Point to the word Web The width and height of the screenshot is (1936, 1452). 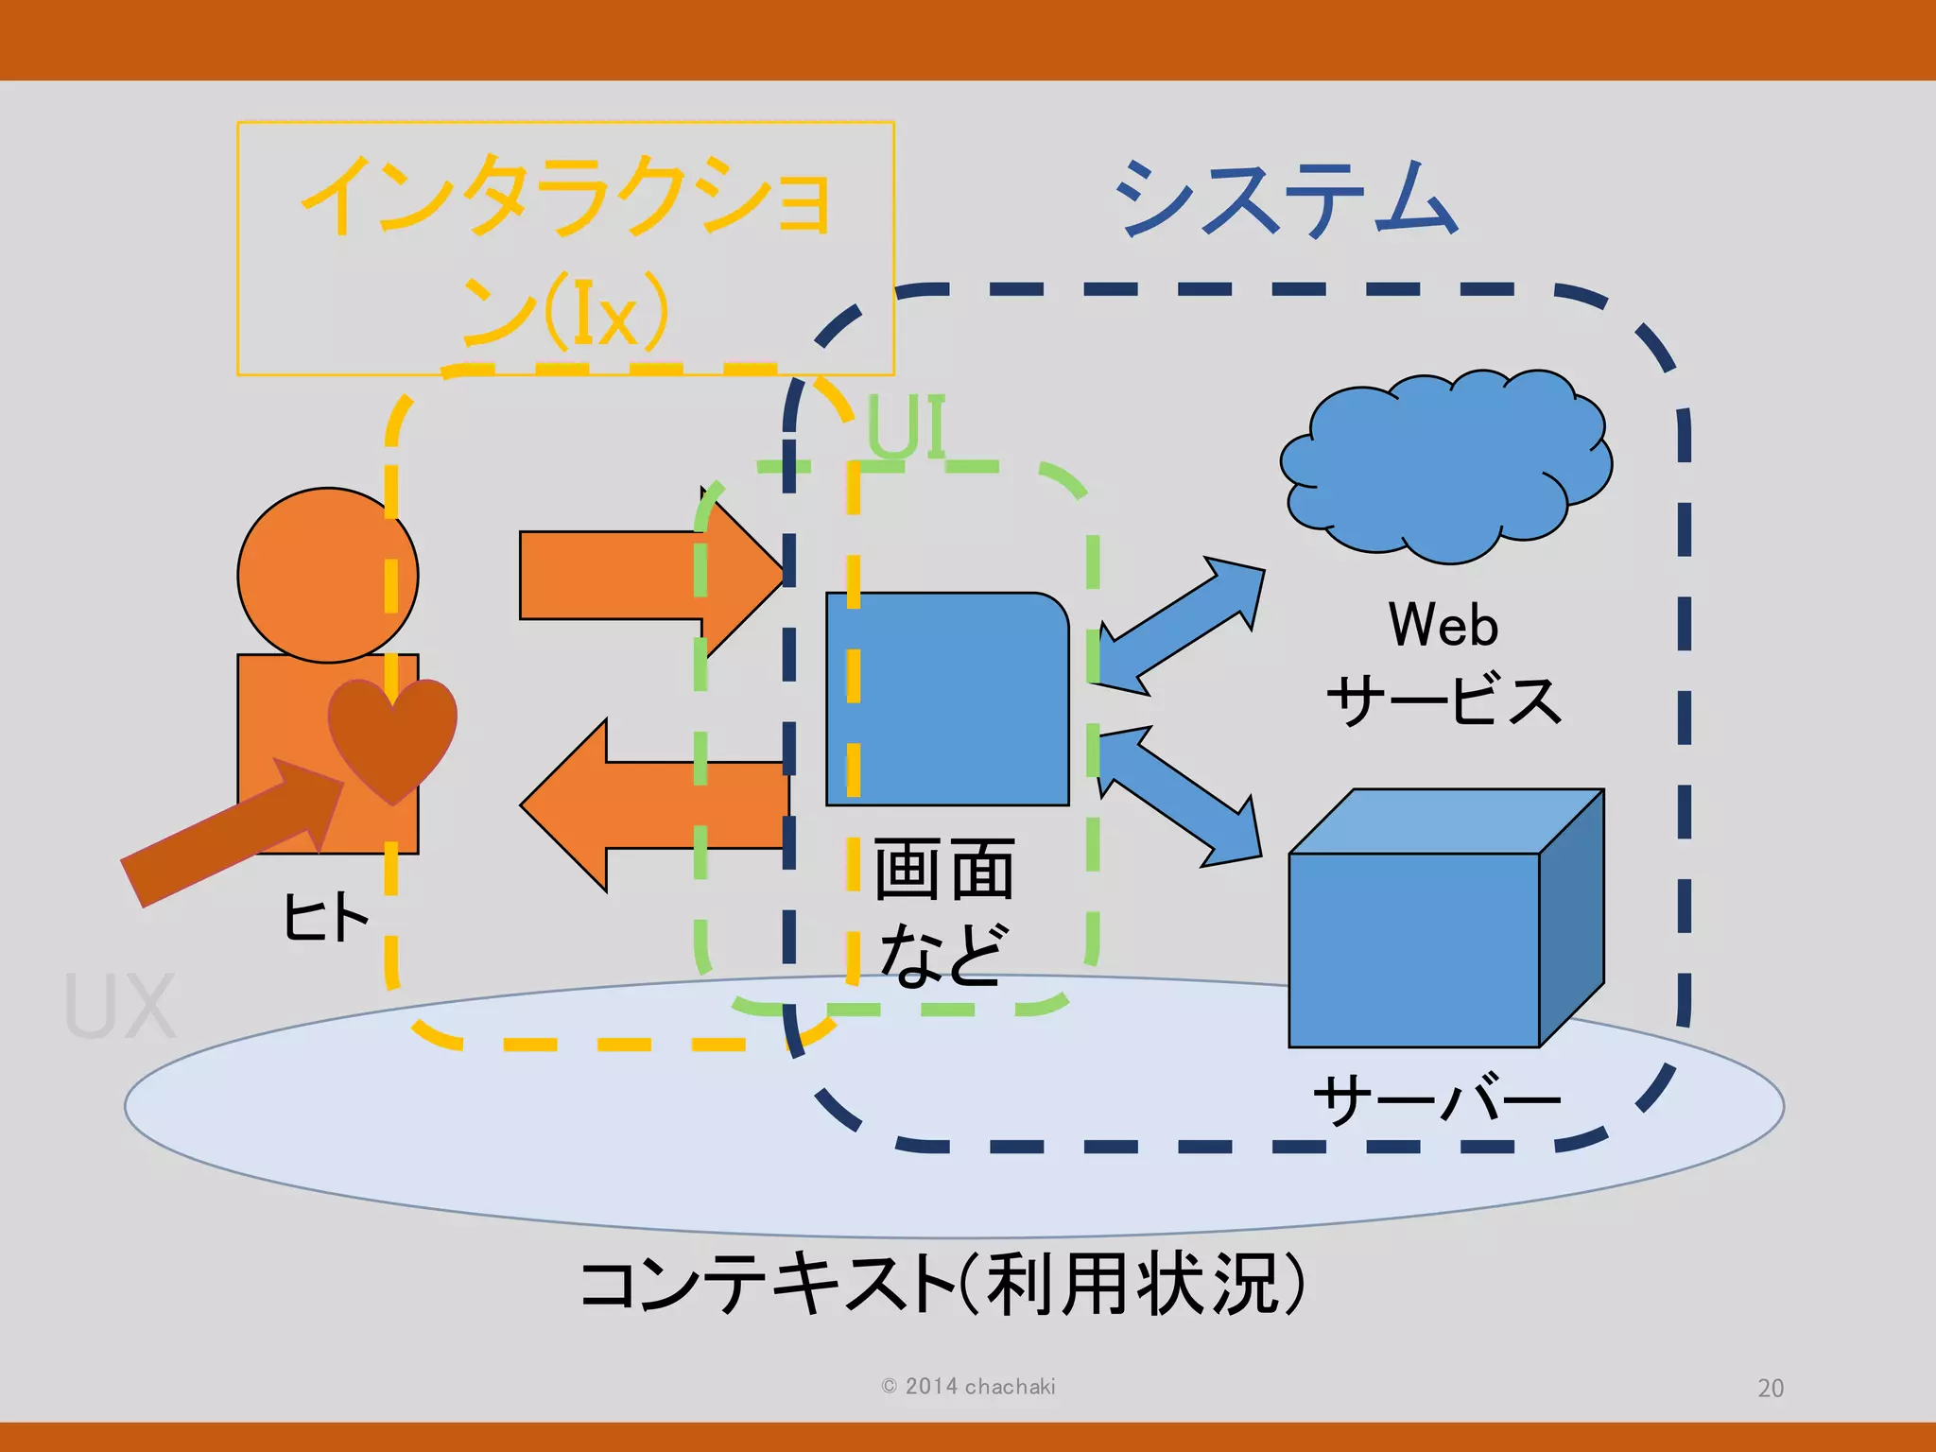coord(1443,625)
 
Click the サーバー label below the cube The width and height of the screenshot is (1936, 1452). coord(1437,1101)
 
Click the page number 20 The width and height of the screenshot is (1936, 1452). coord(1770,1388)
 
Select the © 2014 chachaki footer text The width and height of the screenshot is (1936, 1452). coord(968,1386)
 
